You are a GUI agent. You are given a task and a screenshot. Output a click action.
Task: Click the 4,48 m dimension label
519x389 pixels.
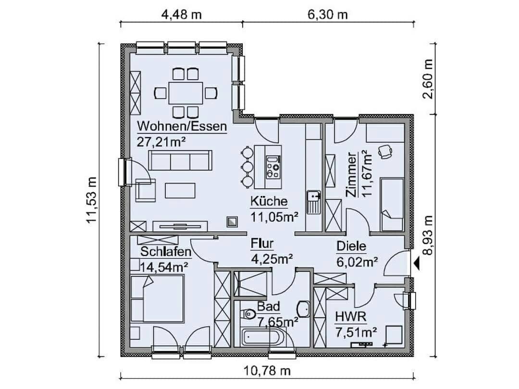pos(181,15)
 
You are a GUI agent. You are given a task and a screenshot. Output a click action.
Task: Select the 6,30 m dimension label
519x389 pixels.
pos(328,15)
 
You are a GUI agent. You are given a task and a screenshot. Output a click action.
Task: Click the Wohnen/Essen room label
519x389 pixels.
pos(182,126)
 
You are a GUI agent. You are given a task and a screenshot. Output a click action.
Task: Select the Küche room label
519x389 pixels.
pos(269,201)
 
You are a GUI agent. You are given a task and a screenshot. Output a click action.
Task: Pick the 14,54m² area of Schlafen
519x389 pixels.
pos(164,266)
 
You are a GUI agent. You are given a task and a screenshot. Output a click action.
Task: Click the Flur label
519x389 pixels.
pos(262,243)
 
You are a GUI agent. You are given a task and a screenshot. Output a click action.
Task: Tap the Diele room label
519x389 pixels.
pos(351,246)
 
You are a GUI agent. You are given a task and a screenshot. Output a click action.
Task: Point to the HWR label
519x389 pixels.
pos(351,317)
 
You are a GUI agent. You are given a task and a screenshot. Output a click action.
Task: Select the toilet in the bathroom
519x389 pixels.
pos(248,313)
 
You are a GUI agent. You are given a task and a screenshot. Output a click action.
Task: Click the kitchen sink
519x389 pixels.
pos(313,202)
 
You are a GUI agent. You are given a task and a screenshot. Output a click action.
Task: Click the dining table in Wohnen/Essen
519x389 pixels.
pos(185,93)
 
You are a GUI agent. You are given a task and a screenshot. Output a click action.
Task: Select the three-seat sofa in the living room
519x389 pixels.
pos(180,160)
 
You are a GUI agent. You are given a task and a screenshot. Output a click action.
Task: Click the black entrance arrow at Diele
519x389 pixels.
pos(416,264)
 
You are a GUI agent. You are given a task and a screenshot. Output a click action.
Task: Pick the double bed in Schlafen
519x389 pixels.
pos(157,298)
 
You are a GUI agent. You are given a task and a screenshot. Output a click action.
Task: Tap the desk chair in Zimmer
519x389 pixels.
pos(384,152)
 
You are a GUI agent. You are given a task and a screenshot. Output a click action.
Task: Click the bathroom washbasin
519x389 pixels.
pos(304,309)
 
